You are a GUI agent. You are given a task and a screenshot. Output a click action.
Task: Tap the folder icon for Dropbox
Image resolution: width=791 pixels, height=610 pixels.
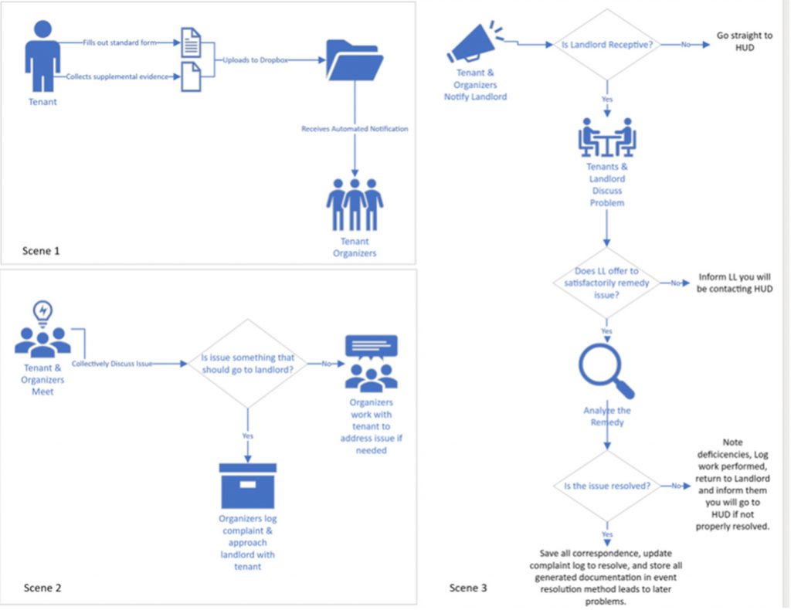click(x=355, y=59)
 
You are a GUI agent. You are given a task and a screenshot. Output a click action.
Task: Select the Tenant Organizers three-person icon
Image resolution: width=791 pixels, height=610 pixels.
click(x=355, y=205)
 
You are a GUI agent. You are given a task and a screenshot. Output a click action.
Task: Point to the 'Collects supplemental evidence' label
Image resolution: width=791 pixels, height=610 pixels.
click(x=116, y=76)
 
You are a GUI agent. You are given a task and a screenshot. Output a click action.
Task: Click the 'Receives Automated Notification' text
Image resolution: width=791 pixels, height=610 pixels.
click(x=355, y=129)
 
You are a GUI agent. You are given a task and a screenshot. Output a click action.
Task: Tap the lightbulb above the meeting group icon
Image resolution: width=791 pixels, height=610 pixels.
click(x=42, y=311)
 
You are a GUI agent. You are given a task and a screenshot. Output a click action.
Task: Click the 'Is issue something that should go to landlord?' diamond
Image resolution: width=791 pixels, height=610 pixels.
click(x=247, y=363)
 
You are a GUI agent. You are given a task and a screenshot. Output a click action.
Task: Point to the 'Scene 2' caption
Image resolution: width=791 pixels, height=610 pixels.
click(x=42, y=588)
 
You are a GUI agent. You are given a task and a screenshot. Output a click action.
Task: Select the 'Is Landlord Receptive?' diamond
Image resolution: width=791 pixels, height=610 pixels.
click(x=606, y=45)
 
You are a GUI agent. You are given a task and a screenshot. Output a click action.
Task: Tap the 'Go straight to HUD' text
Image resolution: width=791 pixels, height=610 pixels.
click(x=744, y=42)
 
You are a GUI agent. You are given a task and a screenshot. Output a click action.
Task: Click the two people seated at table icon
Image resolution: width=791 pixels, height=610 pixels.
click(x=606, y=137)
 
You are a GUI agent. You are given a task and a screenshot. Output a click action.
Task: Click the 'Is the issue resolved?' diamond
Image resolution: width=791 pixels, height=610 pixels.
click(x=606, y=486)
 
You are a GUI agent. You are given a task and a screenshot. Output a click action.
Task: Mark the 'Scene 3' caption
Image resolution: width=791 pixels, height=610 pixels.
click(x=468, y=588)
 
